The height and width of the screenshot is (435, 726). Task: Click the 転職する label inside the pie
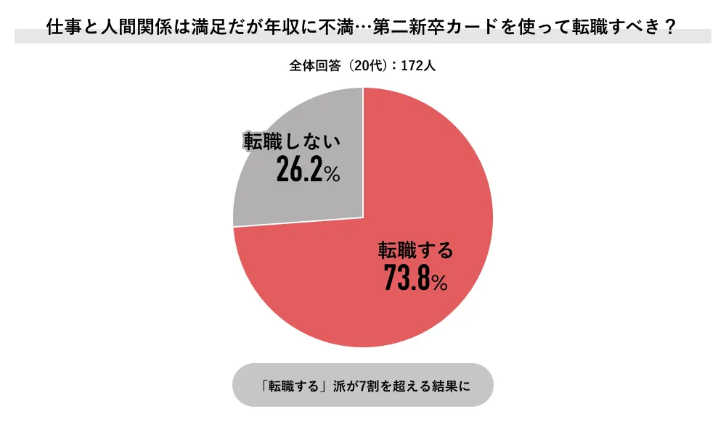415,251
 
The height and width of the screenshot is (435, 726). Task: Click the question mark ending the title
672,28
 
